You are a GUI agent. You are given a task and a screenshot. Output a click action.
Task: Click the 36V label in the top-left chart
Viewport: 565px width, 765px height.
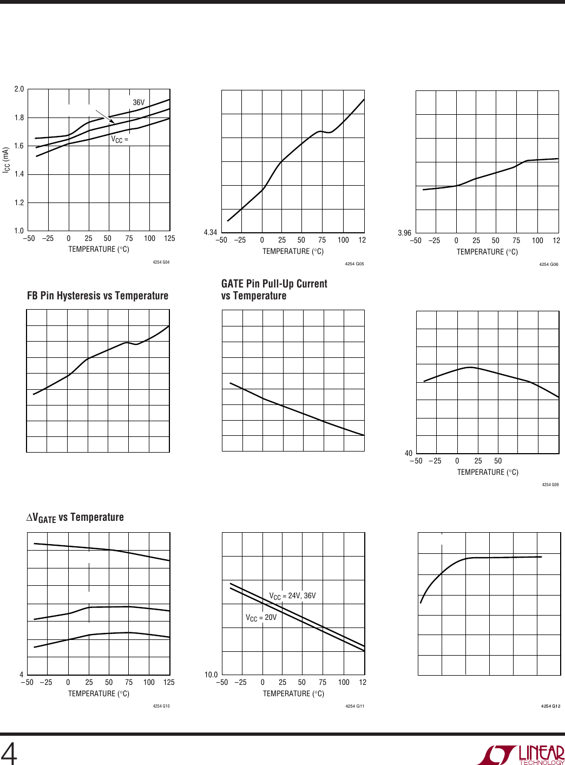139,102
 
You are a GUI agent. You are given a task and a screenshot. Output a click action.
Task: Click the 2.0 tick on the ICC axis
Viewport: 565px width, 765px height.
19,89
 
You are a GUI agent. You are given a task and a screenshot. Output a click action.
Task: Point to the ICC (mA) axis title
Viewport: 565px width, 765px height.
6,160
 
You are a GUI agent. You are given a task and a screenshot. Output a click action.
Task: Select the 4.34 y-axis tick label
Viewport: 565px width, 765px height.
210,232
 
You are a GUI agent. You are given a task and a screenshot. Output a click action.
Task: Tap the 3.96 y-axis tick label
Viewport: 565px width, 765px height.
404,233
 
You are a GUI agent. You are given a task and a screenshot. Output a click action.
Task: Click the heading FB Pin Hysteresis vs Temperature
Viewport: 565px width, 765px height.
97,296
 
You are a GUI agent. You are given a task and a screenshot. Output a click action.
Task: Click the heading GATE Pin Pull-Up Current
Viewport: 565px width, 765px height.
274,284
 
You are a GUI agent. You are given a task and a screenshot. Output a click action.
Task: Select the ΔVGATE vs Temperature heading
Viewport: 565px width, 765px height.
75,518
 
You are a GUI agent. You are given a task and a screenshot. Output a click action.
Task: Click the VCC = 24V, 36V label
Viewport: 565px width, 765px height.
292,596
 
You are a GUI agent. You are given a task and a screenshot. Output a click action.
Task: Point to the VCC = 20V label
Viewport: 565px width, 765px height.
261,618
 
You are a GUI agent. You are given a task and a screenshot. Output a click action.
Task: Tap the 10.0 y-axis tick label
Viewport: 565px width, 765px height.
211,675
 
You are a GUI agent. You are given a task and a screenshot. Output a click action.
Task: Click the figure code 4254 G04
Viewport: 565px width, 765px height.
161,263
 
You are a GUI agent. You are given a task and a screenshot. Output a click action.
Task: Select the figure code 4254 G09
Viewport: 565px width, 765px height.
550,485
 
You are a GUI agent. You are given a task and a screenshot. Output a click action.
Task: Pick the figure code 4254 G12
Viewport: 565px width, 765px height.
550,706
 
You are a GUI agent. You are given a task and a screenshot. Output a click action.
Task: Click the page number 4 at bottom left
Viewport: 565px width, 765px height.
9,753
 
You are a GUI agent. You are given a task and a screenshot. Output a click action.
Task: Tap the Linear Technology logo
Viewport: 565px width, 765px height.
520,755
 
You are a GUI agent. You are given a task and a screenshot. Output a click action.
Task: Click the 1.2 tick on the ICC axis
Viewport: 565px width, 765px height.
19,202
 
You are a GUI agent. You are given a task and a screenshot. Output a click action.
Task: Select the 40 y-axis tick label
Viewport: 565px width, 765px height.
408,453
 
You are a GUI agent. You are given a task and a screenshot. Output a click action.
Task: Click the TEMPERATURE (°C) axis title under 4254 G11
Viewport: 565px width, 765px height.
293,694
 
